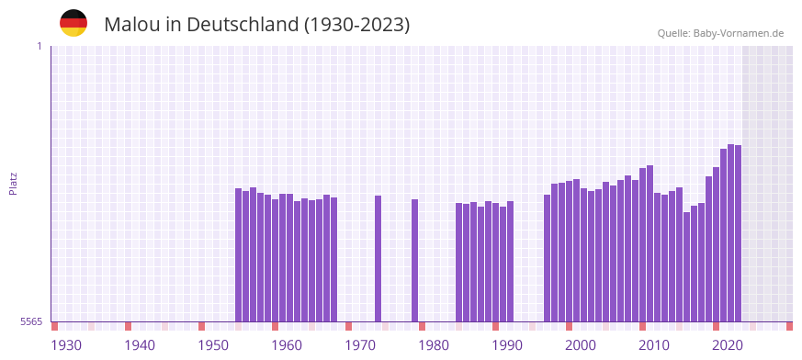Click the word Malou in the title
131,25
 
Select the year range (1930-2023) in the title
356,25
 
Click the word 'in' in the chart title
173,25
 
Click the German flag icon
73,23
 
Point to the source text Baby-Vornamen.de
739,33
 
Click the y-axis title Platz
14,183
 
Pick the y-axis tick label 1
39,46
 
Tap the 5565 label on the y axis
31,321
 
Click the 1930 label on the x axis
66,345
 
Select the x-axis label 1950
213,345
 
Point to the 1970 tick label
360,345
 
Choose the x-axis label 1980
434,345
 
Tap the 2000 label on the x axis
581,345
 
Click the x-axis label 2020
728,345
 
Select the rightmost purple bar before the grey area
738,233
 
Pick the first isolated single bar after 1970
378,258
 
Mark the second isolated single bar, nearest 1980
414,260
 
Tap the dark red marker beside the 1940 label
128,326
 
